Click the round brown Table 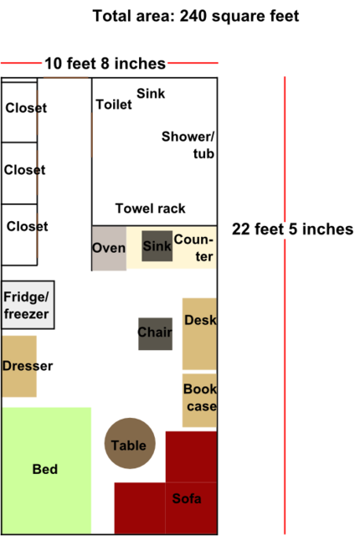tap(130, 443)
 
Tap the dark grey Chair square tap(155, 333)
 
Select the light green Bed tap(46, 471)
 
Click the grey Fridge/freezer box tap(28, 305)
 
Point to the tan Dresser tap(19, 366)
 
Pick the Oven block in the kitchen tap(109, 248)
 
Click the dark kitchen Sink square tap(157, 245)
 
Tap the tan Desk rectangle tap(199, 333)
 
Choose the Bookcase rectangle tap(199, 400)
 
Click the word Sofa tap(187, 498)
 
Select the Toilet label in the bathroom tap(114, 105)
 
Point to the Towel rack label tap(151, 209)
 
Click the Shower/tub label tap(188, 145)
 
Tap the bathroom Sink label tap(151, 93)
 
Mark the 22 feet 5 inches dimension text tap(292, 229)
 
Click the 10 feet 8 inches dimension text tap(105, 64)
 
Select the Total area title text tap(196, 16)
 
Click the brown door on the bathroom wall tap(92, 135)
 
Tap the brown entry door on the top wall tap(66, 78)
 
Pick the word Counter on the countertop tap(193, 248)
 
